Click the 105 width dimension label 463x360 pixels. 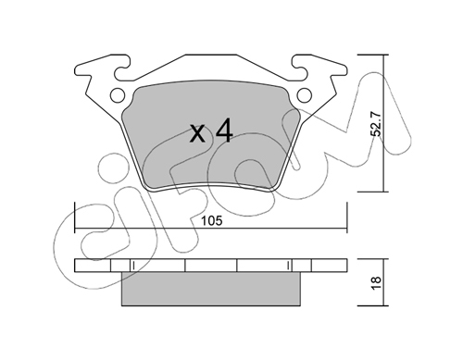coord(211,221)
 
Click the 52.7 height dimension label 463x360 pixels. coord(376,124)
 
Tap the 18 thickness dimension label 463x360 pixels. coord(377,282)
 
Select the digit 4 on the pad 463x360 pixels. coord(224,132)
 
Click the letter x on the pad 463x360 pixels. coord(197,134)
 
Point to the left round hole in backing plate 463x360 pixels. coord(118,95)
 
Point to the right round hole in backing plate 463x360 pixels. coord(305,95)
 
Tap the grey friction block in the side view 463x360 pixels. coord(211,289)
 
